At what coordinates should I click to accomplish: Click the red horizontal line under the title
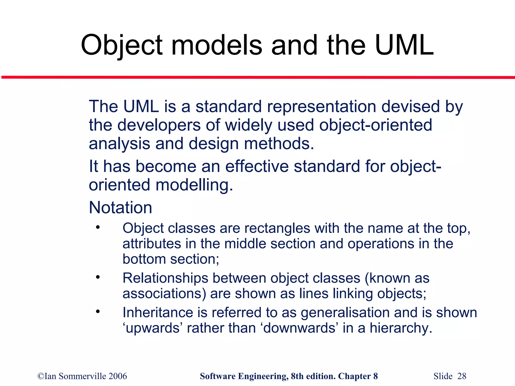(257, 77)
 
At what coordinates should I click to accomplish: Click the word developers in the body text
(159, 125)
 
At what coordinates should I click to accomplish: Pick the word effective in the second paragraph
(257, 166)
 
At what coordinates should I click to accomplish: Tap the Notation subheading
(120, 208)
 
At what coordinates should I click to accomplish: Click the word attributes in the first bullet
(152, 244)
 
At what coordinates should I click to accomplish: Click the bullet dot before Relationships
(98, 277)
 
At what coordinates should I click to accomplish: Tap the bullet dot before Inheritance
(98, 312)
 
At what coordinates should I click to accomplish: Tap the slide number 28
(462, 376)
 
